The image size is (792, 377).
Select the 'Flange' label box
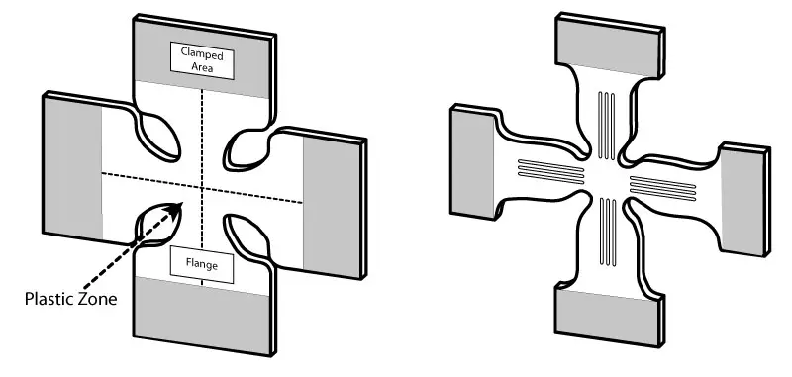(x=201, y=264)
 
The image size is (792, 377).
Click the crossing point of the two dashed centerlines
(x=202, y=187)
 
